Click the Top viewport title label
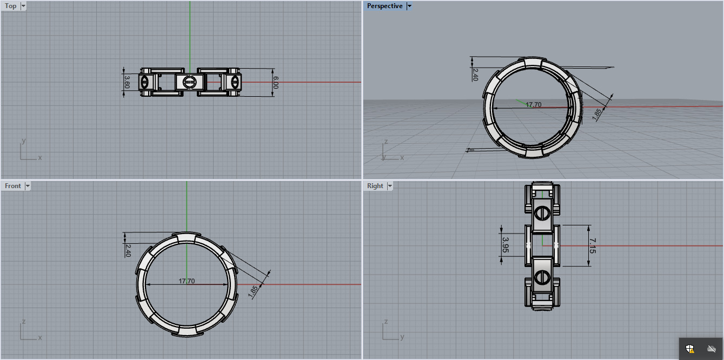[x=10, y=6]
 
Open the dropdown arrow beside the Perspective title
[x=409, y=6]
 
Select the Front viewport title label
[x=12, y=186]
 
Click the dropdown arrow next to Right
[x=390, y=186]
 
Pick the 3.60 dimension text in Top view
[x=127, y=82]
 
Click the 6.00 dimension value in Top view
[x=276, y=82]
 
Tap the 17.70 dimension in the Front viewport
[x=187, y=281]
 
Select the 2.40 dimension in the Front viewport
[x=128, y=250]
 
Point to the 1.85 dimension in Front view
[x=253, y=291]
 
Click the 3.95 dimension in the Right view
[x=506, y=245]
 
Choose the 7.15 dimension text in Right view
[x=593, y=246]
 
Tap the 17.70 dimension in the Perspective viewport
[x=534, y=105]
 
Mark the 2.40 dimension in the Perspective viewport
[x=475, y=74]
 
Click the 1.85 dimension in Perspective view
[x=596, y=114]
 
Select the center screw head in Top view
[x=189, y=82]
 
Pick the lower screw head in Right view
[x=542, y=278]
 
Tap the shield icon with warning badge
[x=690, y=349]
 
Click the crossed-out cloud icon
[x=712, y=349]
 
